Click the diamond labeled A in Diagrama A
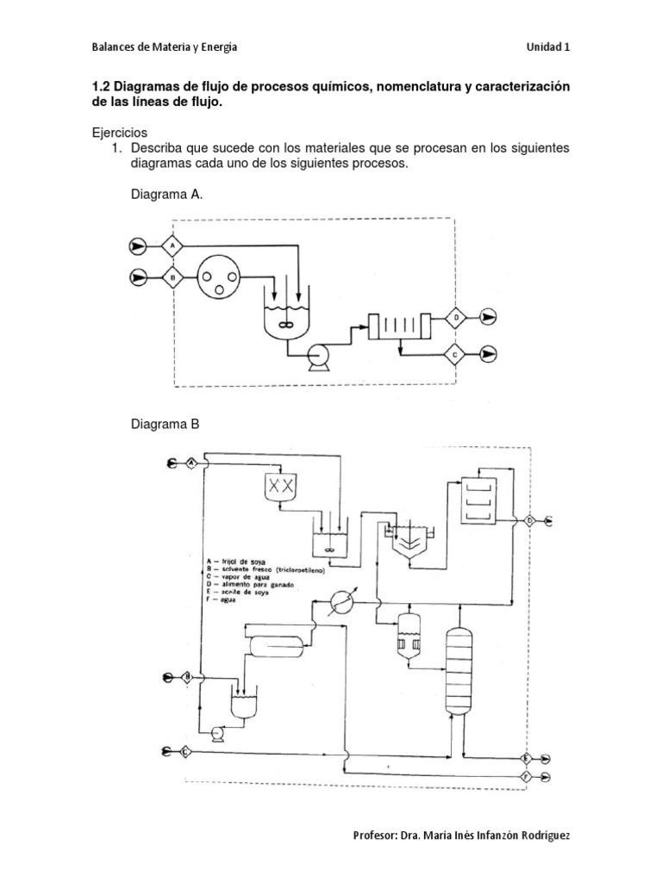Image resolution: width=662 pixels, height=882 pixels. (x=173, y=246)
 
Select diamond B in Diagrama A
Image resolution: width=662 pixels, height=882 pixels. (x=173, y=277)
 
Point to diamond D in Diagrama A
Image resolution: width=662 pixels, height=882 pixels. (x=456, y=318)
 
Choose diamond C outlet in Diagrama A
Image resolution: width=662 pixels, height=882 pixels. (x=456, y=353)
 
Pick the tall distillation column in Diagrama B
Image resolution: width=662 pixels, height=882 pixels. (x=459, y=669)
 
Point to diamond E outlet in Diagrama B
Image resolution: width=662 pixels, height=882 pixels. (x=525, y=757)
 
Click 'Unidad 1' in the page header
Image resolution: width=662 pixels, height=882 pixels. (x=547, y=47)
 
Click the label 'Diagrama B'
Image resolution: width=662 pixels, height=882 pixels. (x=165, y=424)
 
